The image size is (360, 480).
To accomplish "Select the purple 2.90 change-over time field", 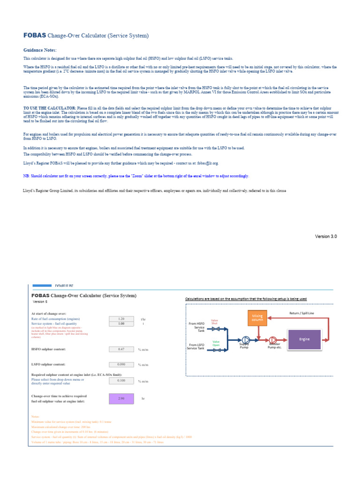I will (x=121, y=398).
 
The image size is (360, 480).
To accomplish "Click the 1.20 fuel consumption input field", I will (x=121, y=318).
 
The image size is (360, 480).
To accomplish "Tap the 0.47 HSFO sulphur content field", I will (x=121, y=349).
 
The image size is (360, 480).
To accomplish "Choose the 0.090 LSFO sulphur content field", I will (x=121, y=364).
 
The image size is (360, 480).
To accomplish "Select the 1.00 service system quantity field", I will (x=121, y=323).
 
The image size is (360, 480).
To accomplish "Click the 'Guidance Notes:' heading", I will (x=40, y=50).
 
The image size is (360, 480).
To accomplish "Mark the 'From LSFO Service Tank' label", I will (x=196, y=347).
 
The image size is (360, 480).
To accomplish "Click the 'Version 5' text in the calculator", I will (x=40, y=302).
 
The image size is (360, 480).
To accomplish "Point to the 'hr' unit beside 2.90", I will (x=143, y=398).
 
